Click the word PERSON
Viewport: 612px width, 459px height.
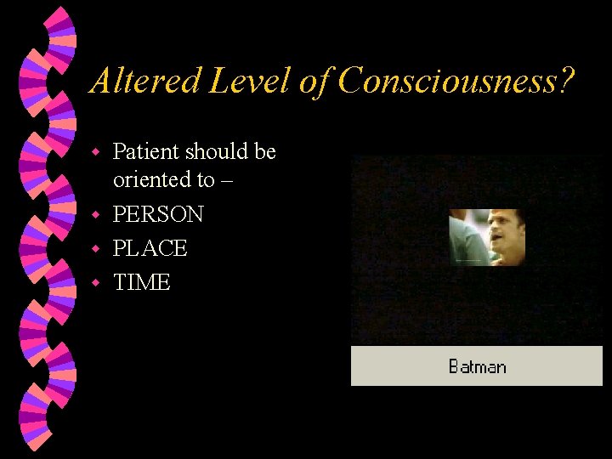point(158,214)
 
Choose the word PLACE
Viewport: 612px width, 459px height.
point(150,248)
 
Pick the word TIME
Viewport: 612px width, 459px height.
point(142,282)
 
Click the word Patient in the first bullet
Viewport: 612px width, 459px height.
point(145,152)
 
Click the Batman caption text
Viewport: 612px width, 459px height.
point(477,367)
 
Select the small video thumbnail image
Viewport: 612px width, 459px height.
point(487,237)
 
